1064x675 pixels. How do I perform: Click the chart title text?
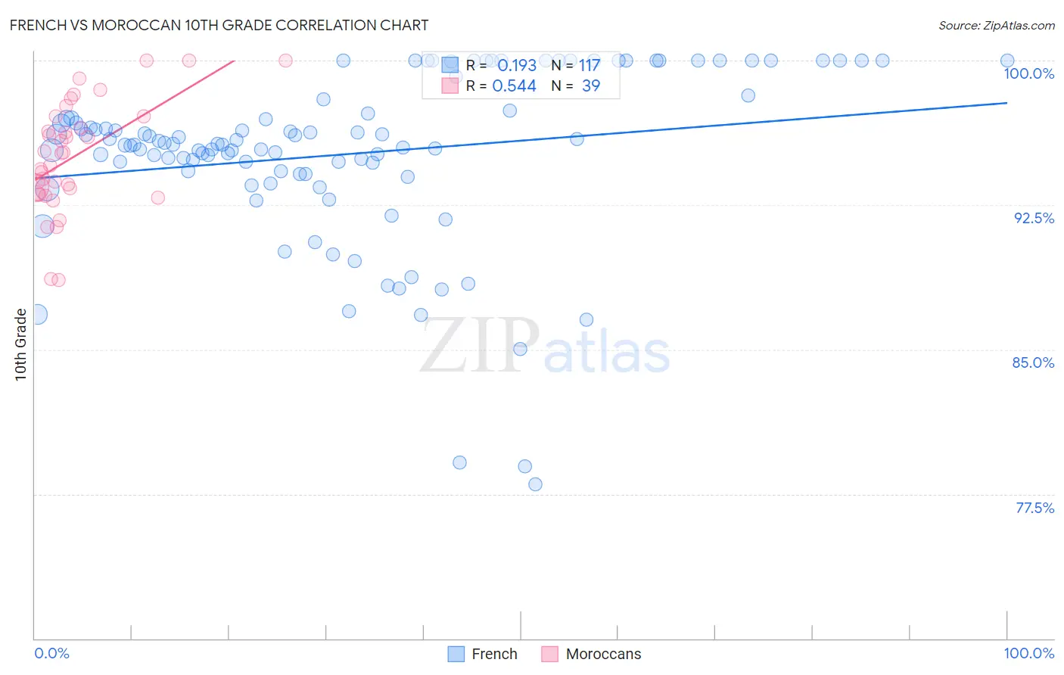pos(219,25)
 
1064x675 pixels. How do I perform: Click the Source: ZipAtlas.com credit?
pos(996,26)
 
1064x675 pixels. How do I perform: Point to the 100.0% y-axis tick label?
pos(1028,73)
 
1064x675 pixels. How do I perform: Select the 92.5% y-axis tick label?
pos(1034,218)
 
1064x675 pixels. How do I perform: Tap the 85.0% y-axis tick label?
pos(1033,362)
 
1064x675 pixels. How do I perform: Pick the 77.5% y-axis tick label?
pos(1034,508)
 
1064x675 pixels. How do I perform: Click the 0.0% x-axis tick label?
pos(51,653)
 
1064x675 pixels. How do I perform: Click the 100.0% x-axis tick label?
pos(1028,653)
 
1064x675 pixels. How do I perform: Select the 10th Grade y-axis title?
pos(20,344)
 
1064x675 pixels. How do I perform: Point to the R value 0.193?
pos(517,66)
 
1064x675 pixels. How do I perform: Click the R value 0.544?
pos(515,86)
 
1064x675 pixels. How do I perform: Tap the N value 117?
pos(590,66)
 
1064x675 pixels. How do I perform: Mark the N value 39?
pos(591,86)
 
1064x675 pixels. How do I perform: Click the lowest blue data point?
pos(535,484)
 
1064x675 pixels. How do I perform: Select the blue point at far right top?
pos(1007,61)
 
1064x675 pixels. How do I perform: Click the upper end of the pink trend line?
pos(235,60)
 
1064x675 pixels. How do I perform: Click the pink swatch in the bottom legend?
pos(549,654)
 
